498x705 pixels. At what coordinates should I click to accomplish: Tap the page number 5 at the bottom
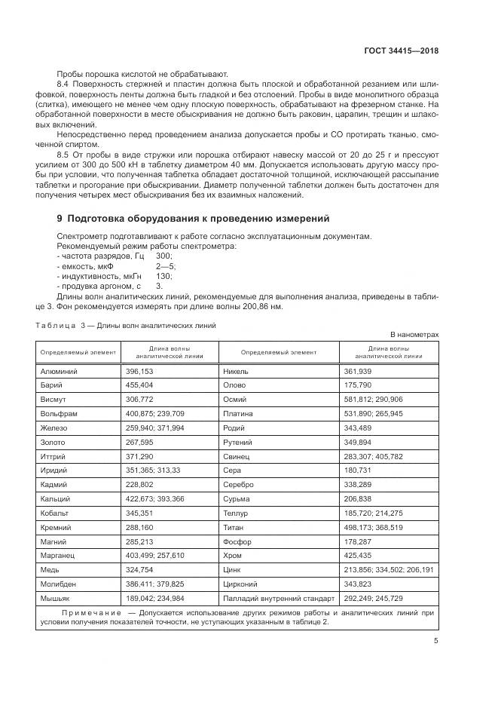pos(435,641)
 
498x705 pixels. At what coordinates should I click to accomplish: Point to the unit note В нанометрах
pos(414,334)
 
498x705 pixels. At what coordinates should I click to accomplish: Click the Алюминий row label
pos(58,372)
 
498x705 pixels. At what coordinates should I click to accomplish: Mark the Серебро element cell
pos(239,485)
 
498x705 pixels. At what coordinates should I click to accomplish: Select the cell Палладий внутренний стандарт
pos(279,597)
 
